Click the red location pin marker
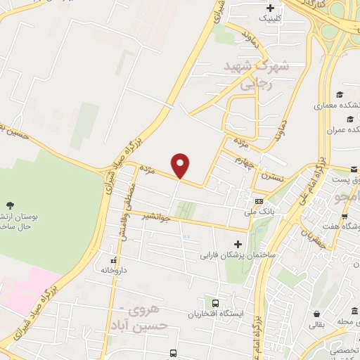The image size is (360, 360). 181,165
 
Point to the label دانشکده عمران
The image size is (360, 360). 342,131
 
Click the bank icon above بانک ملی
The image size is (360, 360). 259,202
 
